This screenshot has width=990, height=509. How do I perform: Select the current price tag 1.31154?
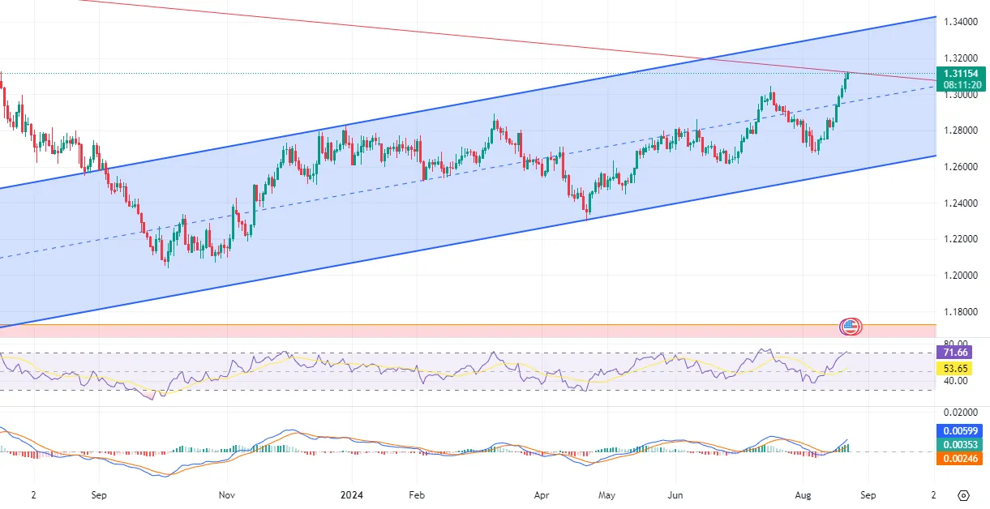[x=962, y=74]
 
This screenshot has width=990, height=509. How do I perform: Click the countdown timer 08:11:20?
[x=962, y=84]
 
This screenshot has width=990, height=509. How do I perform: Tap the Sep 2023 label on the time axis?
[x=98, y=494]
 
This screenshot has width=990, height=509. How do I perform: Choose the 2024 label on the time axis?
[x=352, y=494]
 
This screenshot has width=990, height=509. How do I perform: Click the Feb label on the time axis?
[x=416, y=494]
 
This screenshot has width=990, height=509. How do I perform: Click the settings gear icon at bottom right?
[x=962, y=494]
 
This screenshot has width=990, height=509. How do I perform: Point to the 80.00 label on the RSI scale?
[x=955, y=344]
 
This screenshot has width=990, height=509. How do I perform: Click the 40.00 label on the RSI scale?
[x=955, y=381]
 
